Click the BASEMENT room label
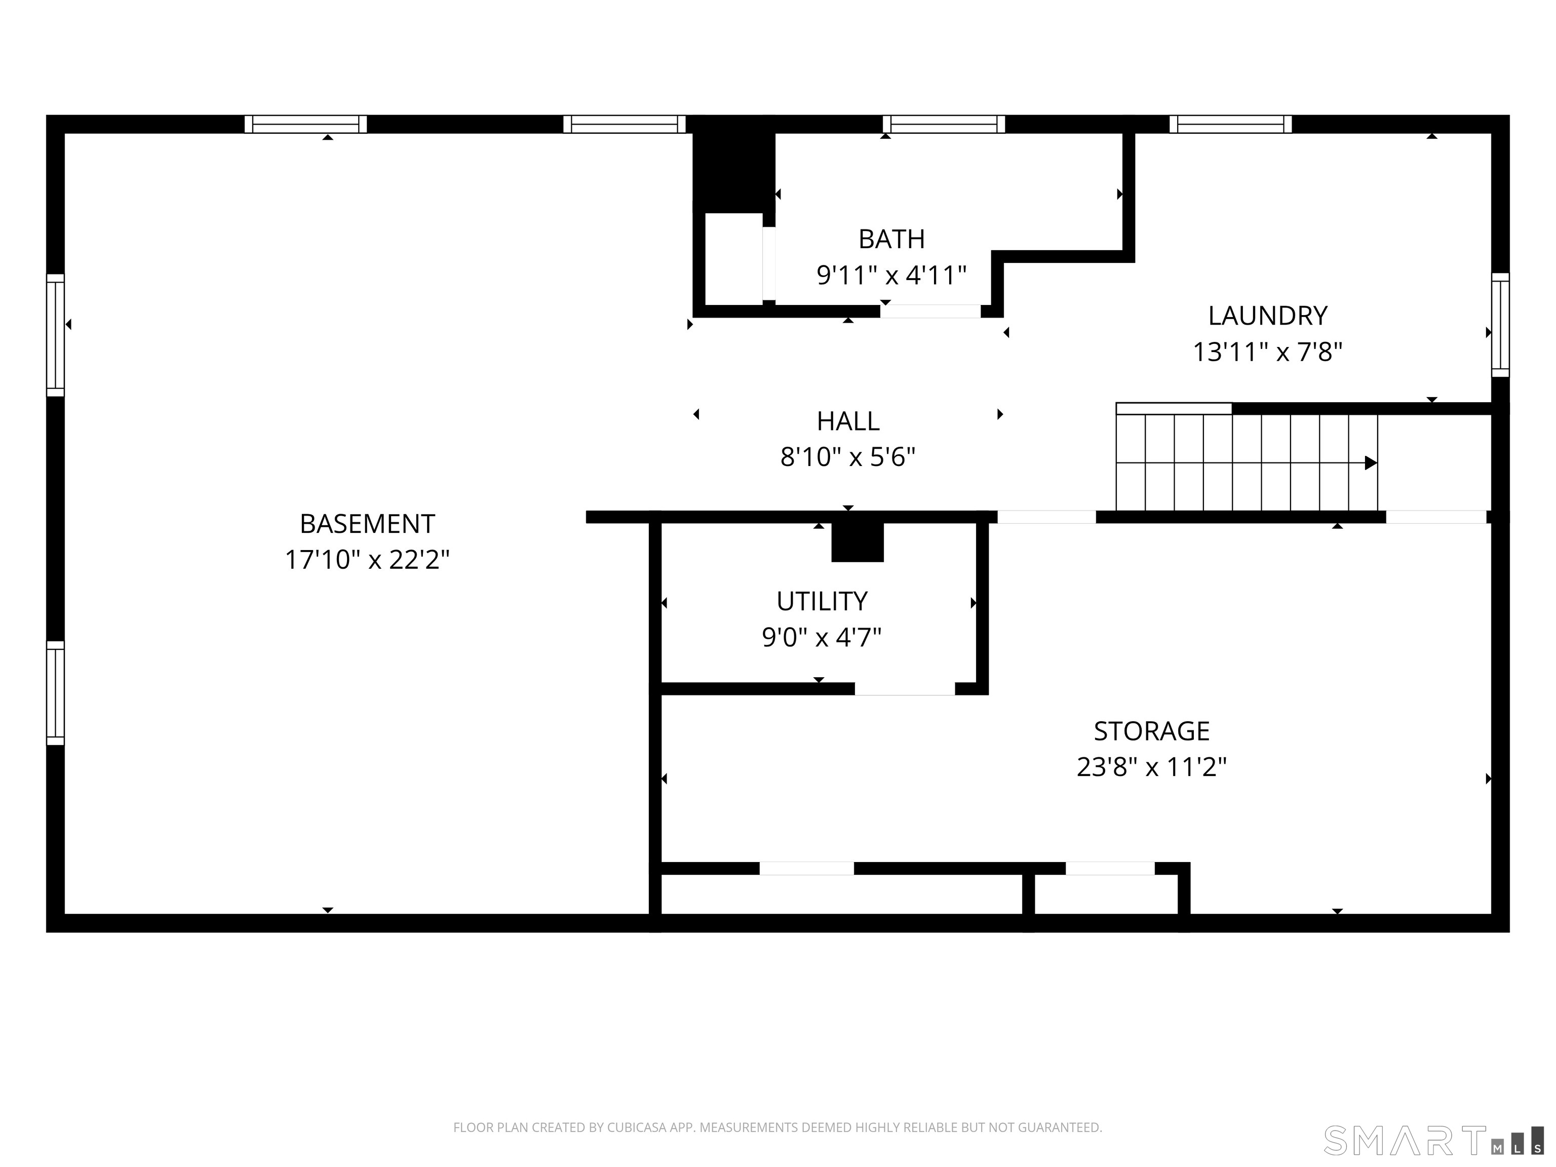tap(367, 524)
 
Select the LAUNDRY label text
tap(1268, 316)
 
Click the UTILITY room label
tap(822, 601)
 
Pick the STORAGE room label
tap(1151, 731)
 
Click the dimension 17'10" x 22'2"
tap(367, 560)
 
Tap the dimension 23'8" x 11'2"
tap(1151, 767)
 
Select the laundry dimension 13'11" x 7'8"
tap(1268, 352)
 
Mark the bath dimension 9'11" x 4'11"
tap(891, 275)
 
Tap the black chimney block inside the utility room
tap(858, 542)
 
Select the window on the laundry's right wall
tap(1500, 325)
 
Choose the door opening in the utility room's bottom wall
tap(905, 689)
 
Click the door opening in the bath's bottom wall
tap(930, 312)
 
